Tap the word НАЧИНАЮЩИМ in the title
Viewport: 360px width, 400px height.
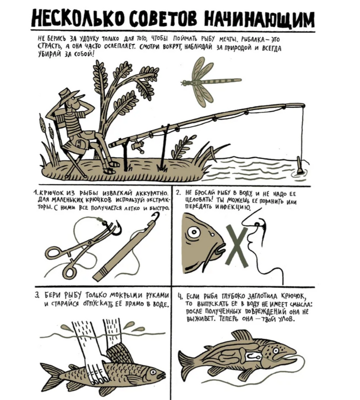coord(260,19)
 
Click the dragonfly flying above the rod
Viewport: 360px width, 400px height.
coord(207,82)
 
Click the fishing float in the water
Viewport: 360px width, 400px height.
coord(300,165)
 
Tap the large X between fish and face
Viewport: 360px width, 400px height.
coord(237,246)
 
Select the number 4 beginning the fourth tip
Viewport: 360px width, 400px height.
coord(180,296)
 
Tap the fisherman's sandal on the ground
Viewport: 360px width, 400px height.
coord(111,170)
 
